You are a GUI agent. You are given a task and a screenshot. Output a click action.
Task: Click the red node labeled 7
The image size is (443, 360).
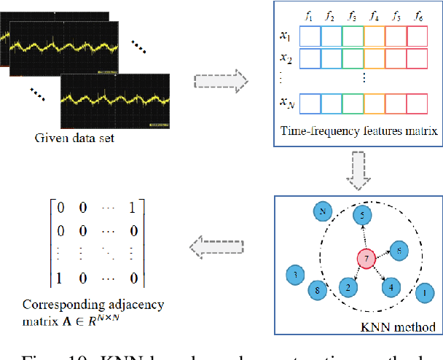click(366, 259)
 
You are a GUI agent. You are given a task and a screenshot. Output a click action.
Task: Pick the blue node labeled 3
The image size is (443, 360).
click(295, 275)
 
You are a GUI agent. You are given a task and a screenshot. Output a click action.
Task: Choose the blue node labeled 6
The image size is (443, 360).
click(398, 250)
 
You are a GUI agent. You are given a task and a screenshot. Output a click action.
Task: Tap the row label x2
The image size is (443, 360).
click(286, 58)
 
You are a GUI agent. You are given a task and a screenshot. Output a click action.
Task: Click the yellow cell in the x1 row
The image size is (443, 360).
click(374, 36)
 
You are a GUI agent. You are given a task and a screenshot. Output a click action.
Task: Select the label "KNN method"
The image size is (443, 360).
click(407, 327)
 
